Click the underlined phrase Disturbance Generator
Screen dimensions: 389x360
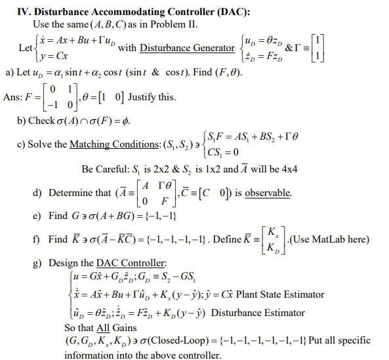[x=187, y=48]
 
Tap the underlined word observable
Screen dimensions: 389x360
[x=268, y=193]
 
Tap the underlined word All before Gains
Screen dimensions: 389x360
[x=101, y=327]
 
